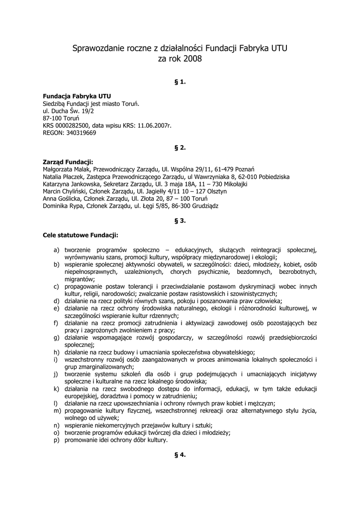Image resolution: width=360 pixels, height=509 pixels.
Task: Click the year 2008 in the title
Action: point(192,59)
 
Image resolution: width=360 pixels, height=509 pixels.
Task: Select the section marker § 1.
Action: point(180,82)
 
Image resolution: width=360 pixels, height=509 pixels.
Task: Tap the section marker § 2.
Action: point(180,148)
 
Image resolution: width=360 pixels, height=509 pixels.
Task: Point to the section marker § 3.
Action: point(180,221)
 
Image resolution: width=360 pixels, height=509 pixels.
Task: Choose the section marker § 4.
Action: point(180,455)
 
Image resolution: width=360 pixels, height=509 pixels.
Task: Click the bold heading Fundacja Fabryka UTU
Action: point(77,96)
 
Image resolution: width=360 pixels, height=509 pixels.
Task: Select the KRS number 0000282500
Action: point(72,126)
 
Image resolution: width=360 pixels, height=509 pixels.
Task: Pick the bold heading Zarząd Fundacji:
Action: point(68,162)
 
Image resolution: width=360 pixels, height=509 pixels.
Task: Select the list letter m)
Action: point(57,411)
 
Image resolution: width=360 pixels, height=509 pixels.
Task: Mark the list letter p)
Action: point(57,440)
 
